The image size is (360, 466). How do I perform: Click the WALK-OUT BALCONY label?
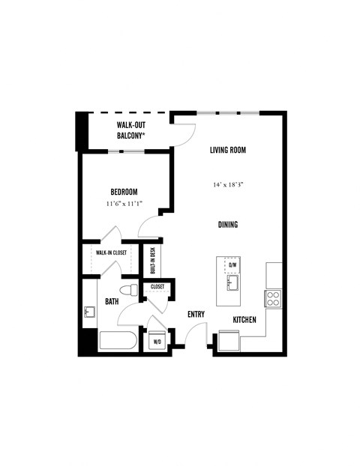[131, 130]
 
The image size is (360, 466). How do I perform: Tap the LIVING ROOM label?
[228, 150]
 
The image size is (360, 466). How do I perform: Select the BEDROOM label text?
[124, 192]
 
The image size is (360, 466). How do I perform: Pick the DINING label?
[228, 226]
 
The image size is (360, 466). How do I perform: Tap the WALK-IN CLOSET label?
[111, 252]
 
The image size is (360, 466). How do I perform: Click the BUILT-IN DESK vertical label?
[152, 260]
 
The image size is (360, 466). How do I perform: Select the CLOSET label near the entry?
[157, 287]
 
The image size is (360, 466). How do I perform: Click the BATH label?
[112, 302]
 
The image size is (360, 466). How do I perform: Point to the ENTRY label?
[196, 315]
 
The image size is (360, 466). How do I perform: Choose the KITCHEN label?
[244, 320]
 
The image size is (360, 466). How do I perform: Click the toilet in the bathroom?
[128, 290]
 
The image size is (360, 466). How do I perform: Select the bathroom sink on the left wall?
[88, 311]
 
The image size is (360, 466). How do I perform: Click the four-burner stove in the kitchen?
[273, 298]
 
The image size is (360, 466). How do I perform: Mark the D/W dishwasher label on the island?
[232, 265]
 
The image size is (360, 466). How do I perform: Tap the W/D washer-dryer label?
[157, 342]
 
